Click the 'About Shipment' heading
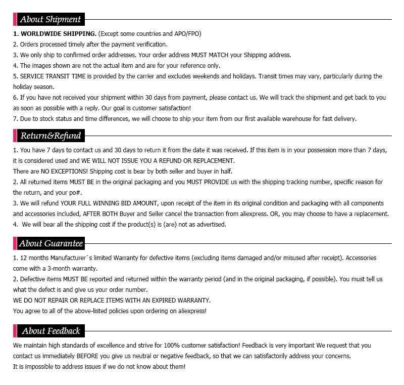pyautogui.click(x=49, y=20)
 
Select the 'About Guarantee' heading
pyautogui.click(x=50, y=243)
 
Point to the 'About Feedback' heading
pyautogui.click(x=50, y=331)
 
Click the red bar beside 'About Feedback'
pyautogui.click(x=15, y=331)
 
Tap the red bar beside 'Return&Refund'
pyautogui.click(x=15, y=136)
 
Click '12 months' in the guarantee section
pyautogui.click(x=33, y=258)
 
